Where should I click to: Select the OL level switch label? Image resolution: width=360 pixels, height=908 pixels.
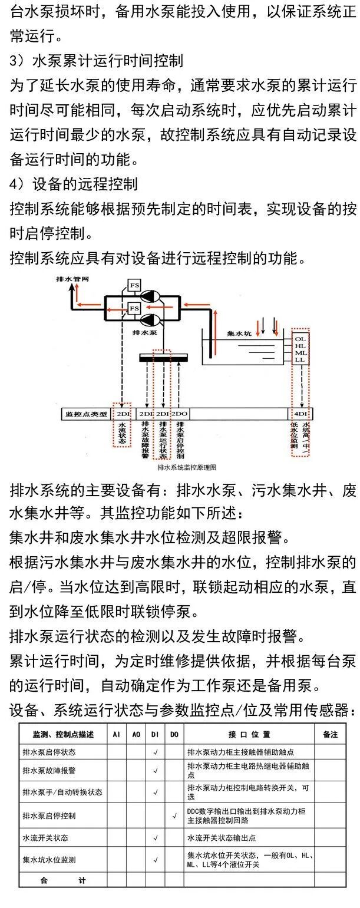coord(300,339)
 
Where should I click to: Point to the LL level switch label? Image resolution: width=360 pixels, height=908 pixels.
coord(300,359)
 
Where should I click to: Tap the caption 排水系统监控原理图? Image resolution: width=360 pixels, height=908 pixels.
coord(188,467)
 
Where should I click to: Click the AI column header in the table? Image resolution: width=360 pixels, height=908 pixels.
coord(117,735)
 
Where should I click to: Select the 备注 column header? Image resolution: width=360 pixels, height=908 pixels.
coord(331,735)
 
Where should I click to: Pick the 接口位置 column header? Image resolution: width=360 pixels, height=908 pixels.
coord(249,735)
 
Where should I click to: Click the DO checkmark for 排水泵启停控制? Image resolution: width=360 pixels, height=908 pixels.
coord(174,816)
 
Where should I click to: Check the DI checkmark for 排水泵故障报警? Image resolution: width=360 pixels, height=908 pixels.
coord(156,770)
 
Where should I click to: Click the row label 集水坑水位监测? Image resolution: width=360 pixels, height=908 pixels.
coord(49,860)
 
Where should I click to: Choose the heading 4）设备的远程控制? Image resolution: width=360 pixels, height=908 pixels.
coord(74,183)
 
